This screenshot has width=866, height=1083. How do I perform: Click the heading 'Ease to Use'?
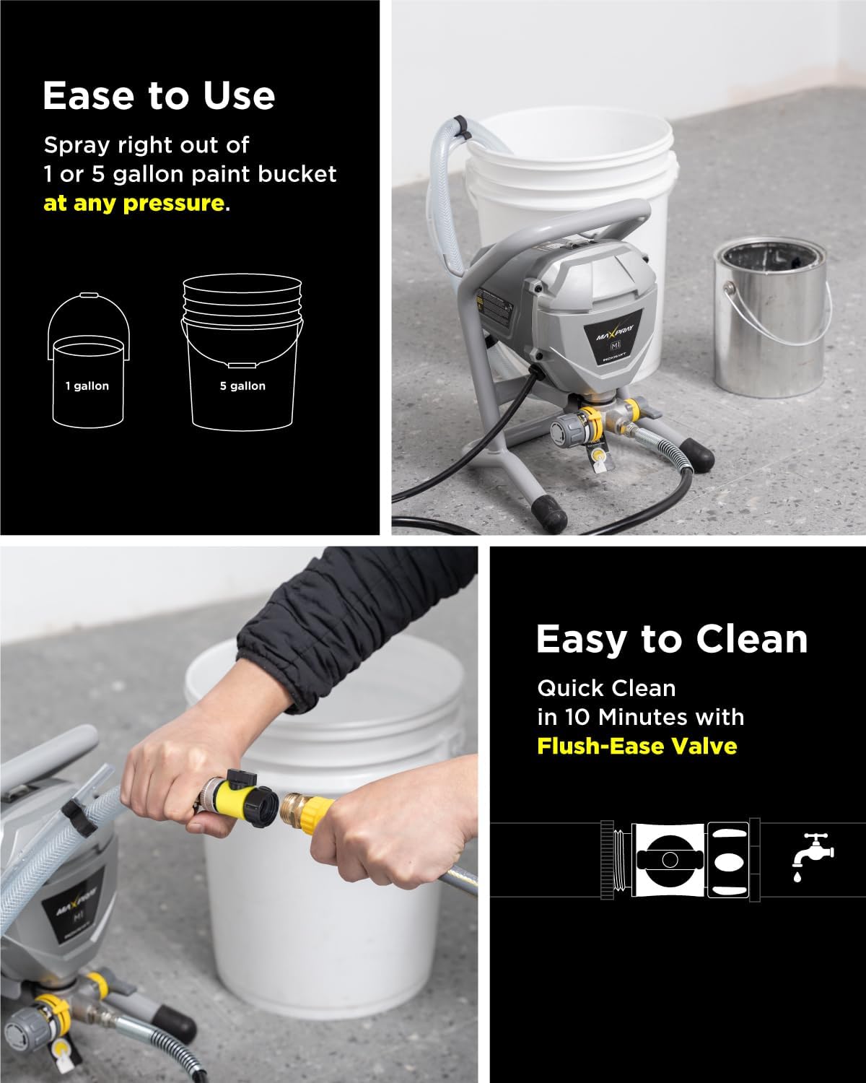point(159,96)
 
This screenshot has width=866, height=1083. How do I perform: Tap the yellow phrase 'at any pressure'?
point(134,203)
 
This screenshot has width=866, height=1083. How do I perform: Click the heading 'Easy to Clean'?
point(671,639)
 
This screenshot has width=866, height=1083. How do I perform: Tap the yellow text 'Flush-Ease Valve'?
point(637,745)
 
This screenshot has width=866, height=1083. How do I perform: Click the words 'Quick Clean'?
point(606,688)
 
